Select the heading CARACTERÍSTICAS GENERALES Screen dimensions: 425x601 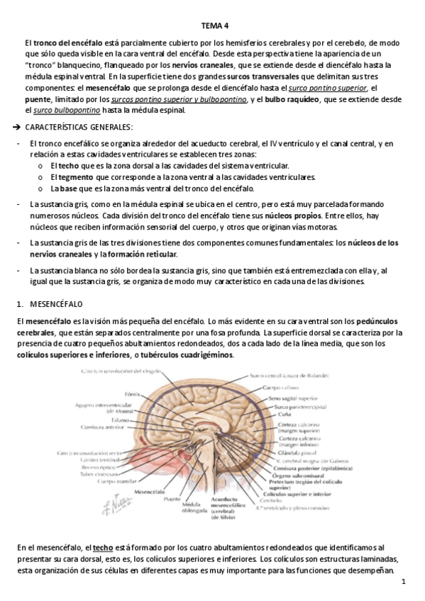click(x=78, y=127)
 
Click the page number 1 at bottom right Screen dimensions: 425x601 click(x=402, y=583)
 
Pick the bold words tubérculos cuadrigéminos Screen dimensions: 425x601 click(x=190, y=355)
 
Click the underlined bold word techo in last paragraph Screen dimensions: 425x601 click(x=103, y=549)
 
